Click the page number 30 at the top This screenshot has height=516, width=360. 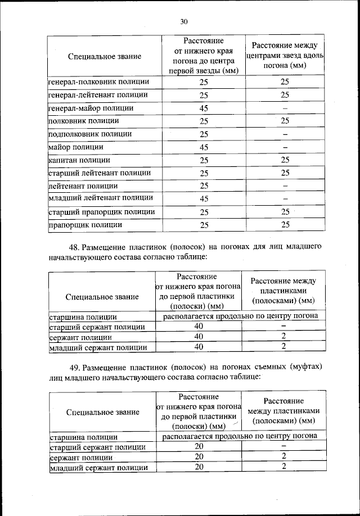183,22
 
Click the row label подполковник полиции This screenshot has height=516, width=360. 90,134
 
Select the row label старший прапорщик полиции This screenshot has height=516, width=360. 101,212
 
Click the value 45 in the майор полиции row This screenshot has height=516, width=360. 204,148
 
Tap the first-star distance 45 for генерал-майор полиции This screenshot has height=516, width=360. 204,108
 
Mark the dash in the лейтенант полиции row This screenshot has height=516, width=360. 285,186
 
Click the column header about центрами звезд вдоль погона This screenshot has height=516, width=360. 285,55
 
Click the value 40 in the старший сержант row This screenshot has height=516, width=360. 199,327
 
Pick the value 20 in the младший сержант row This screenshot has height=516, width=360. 199,467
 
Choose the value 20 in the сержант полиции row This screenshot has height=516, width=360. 199,456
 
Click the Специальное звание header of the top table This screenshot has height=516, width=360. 104,56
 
